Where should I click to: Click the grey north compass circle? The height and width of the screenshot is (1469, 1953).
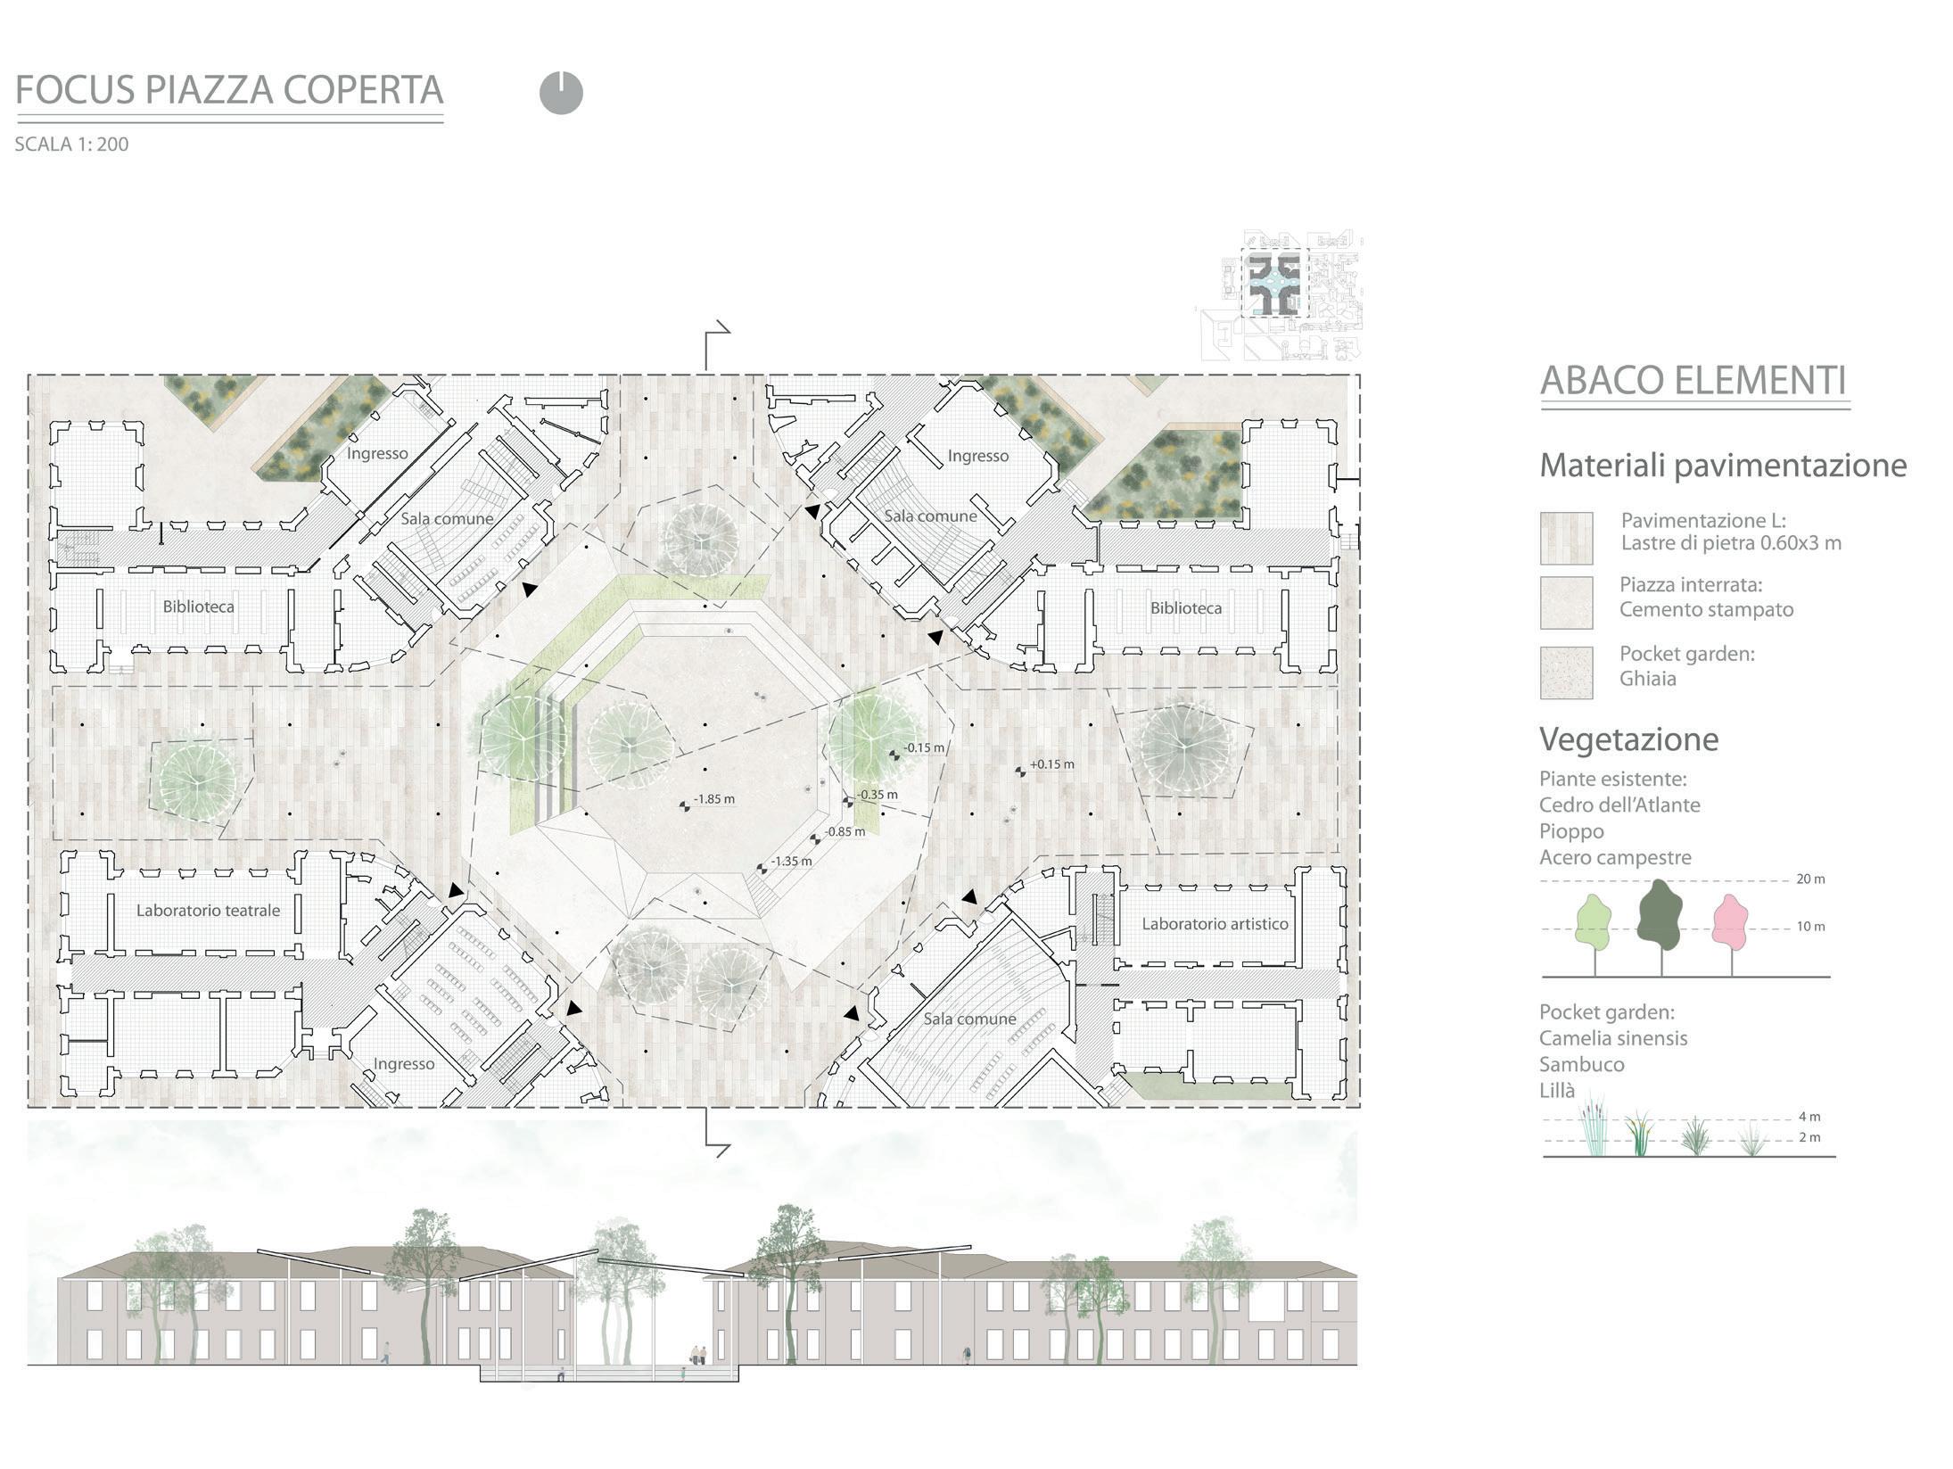[561, 93]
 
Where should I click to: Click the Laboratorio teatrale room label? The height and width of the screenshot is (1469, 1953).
[208, 911]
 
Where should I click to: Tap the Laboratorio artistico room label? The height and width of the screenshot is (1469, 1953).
[1215, 924]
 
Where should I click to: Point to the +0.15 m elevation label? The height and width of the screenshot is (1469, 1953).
[1051, 764]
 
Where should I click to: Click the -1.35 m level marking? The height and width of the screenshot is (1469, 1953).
[791, 862]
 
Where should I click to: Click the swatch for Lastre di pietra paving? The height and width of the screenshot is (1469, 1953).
[1566, 538]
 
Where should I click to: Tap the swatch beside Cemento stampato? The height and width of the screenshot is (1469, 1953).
[1566, 603]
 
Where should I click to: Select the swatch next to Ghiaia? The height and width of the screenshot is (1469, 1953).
[1566, 673]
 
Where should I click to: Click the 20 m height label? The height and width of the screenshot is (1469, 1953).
[1810, 879]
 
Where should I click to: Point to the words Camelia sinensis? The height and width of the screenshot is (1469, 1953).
[1613, 1038]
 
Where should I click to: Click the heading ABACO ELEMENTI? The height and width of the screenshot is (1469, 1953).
[1693, 381]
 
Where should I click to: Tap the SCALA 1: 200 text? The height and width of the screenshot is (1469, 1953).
[71, 144]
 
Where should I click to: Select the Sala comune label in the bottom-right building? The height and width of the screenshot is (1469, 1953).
[969, 1019]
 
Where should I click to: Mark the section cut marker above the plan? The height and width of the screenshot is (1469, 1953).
[716, 346]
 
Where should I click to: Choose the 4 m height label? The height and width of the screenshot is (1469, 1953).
[1809, 1117]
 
